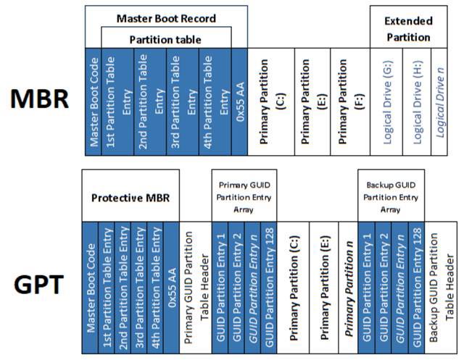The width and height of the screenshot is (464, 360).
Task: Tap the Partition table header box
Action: click(x=166, y=38)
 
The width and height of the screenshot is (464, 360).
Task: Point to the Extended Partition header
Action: click(x=407, y=29)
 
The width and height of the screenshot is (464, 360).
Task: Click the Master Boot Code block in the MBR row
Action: click(x=93, y=101)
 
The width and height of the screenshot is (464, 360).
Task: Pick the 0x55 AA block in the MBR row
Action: click(x=241, y=101)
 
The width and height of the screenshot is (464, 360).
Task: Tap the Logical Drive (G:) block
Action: click(x=386, y=101)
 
